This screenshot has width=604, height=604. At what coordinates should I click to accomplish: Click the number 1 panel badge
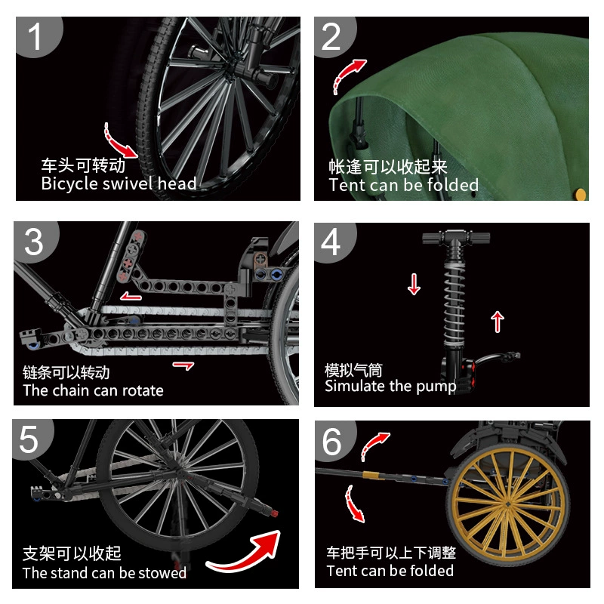35,35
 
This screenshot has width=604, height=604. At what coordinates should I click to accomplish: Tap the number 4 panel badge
332,242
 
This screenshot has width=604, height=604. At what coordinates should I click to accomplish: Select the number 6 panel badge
333,441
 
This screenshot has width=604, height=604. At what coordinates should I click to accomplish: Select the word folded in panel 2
452,185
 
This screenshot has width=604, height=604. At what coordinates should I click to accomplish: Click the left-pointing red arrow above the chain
131,296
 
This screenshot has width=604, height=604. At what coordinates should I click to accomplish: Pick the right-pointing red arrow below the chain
183,365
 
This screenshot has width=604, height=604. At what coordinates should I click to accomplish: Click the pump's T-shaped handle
456,238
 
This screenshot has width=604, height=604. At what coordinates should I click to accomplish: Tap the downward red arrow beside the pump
414,285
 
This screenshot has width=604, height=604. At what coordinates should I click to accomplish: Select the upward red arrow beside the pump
498,322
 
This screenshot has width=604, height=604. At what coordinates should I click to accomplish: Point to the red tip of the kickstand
274,513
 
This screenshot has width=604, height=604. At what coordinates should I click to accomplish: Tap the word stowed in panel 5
162,573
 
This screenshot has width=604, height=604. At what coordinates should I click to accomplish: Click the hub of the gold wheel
507,504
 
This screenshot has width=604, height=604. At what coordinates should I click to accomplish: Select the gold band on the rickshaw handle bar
370,475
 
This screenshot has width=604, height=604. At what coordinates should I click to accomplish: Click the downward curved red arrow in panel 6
353,503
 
